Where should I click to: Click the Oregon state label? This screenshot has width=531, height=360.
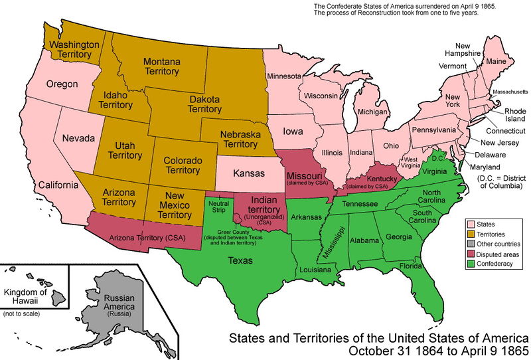click(62, 84)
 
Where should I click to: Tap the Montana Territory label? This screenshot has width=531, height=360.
click(162, 66)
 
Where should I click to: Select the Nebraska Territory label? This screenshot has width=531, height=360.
click(240, 139)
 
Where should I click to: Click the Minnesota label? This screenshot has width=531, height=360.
click(284, 76)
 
